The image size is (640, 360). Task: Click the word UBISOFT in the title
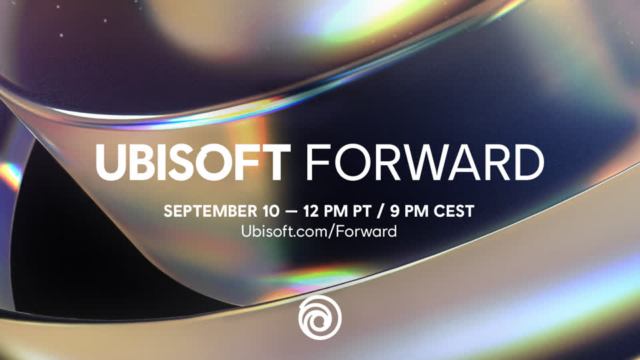(x=193, y=162)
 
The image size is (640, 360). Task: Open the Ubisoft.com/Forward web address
(x=319, y=231)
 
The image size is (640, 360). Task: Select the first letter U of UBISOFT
(x=111, y=162)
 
